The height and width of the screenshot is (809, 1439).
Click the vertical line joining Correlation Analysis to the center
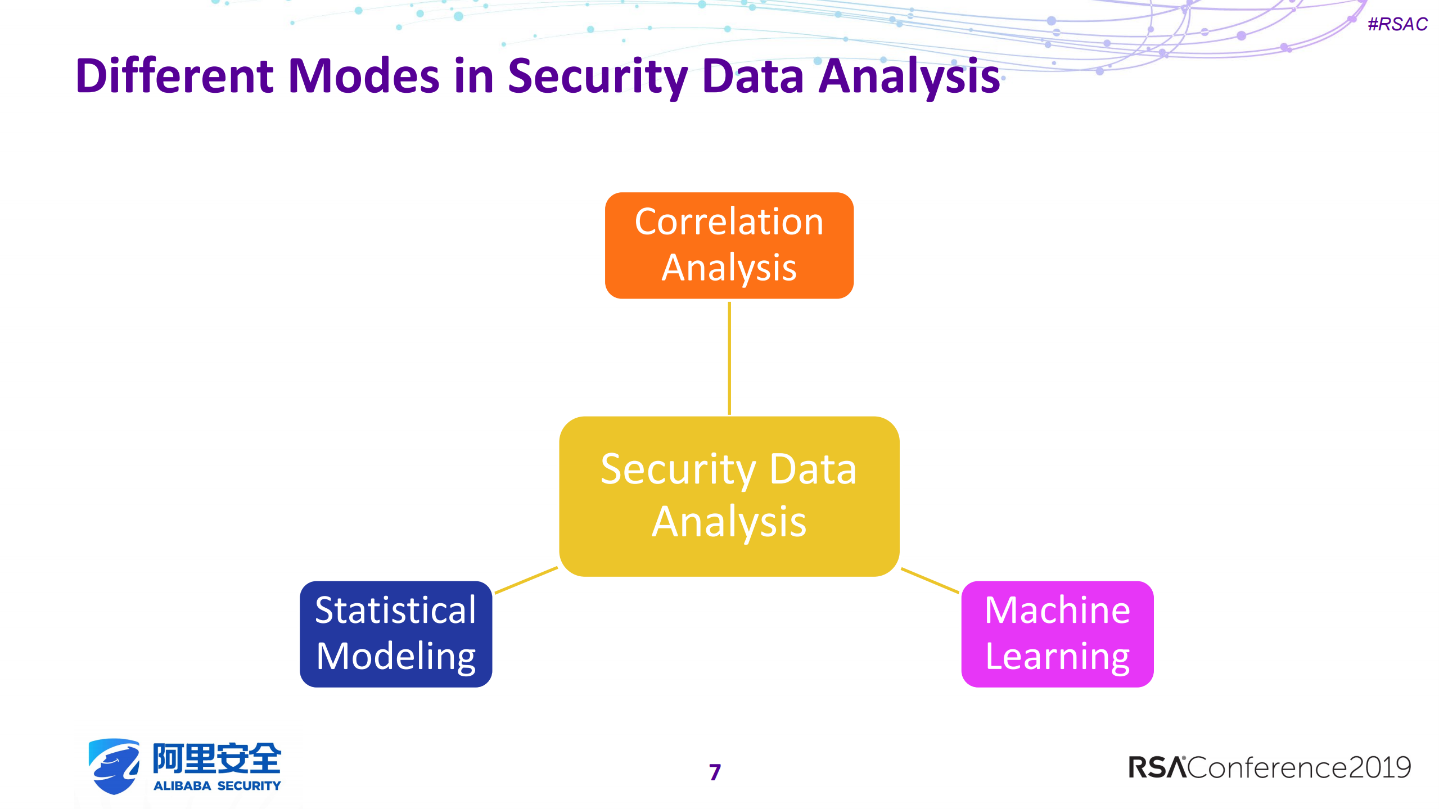(x=729, y=358)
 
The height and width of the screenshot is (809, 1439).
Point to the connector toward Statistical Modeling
(x=526, y=580)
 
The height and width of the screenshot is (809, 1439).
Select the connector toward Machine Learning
(x=930, y=580)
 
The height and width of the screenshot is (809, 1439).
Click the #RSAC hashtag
(x=1397, y=24)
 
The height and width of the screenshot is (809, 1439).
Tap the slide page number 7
(x=714, y=772)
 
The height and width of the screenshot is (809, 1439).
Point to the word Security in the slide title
(x=597, y=76)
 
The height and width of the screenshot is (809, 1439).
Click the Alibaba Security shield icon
(x=114, y=766)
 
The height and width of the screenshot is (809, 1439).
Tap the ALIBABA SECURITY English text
(x=217, y=785)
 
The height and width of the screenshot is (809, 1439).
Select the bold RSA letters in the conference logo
(x=1157, y=767)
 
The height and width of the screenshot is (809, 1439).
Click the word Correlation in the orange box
(x=729, y=222)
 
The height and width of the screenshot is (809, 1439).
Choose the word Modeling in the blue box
(x=395, y=656)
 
